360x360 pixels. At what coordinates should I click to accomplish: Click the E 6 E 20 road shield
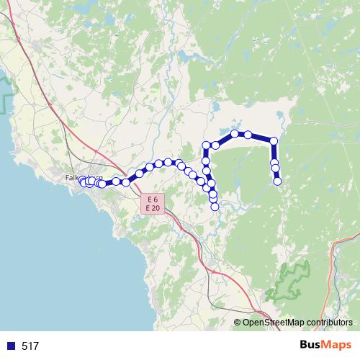click(x=151, y=203)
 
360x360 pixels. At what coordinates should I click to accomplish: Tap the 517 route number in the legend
click(x=30, y=346)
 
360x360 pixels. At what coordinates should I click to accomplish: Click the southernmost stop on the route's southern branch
click(x=215, y=207)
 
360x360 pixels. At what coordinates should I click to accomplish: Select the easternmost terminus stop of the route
click(x=277, y=181)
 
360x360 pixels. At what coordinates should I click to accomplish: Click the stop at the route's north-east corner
click(x=273, y=140)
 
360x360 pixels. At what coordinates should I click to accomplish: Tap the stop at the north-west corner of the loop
click(x=207, y=145)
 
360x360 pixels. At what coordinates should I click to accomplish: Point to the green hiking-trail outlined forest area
click(x=288, y=281)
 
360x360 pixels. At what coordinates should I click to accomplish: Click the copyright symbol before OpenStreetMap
click(x=238, y=323)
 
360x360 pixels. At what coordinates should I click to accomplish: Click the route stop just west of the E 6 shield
click(x=126, y=182)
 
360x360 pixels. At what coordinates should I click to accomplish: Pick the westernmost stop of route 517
click(x=82, y=181)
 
